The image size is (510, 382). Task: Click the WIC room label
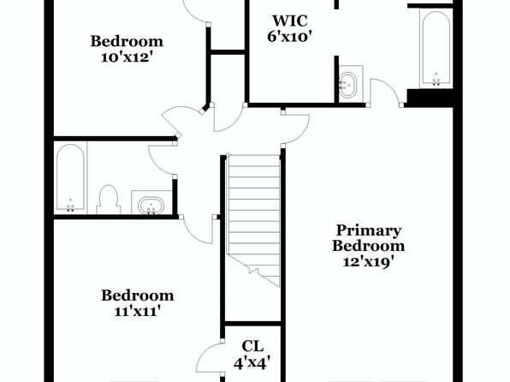[290, 21]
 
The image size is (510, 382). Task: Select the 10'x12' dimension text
[127, 57]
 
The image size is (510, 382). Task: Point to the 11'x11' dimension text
[138, 312]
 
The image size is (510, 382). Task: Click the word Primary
[368, 231]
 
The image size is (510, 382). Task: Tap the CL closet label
[252, 347]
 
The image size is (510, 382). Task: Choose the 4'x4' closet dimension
[252, 362]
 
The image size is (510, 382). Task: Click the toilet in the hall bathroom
[109, 200]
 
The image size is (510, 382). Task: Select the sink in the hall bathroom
[151, 206]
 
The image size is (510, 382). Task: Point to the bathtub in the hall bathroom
[70, 177]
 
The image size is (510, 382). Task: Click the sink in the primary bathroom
[347, 84]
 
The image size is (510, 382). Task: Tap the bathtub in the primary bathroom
[436, 48]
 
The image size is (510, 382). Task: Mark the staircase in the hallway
[253, 220]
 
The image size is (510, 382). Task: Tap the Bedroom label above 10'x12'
[127, 41]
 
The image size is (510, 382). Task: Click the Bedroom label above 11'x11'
[138, 295]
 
